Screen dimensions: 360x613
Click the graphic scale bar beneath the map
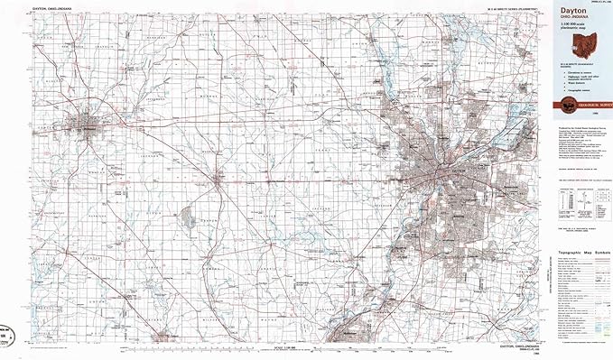[298, 347]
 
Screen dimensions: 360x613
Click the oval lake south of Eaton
[189, 217]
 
